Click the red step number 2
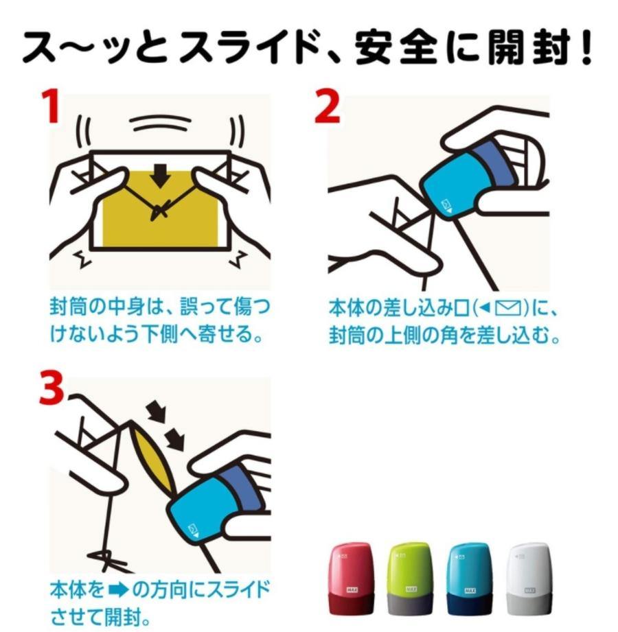click(x=328, y=108)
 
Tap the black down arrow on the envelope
click(x=163, y=176)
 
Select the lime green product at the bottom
click(x=409, y=576)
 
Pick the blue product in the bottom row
click(x=468, y=576)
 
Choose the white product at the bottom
click(x=527, y=576)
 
